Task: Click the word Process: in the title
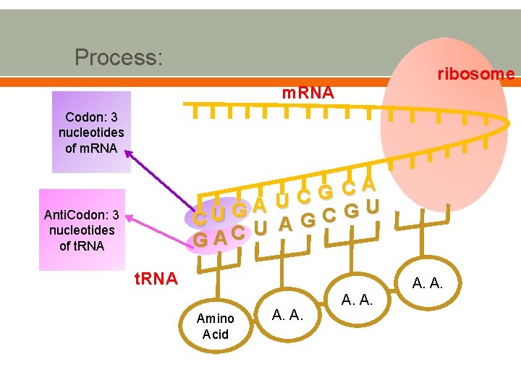119,56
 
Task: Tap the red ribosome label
475,74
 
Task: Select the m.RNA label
308,93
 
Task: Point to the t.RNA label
156,279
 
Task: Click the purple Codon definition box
91,133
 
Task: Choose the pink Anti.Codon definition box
81,230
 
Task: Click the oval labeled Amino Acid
215,326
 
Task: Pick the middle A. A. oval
357,298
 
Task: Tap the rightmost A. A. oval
428,282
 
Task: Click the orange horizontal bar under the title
260,82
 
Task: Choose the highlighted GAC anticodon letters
216,237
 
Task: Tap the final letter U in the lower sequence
372,206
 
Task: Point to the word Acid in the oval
215,334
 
